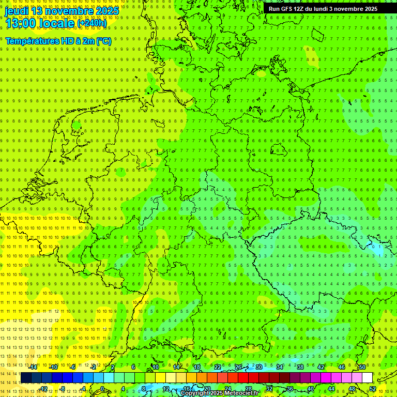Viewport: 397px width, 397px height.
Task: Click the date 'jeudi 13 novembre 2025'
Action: tap(62, 11)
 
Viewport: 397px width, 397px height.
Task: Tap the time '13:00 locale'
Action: tap(40, 23)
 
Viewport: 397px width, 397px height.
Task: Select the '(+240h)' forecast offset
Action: tap(92, 23)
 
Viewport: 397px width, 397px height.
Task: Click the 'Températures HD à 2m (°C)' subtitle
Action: tap(58, 41)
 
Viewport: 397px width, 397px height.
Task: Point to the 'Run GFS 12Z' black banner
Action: tap(323, 9)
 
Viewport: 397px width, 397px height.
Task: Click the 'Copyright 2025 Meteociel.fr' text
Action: tap(219, 393)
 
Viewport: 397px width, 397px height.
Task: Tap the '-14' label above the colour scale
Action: tap(33, 367)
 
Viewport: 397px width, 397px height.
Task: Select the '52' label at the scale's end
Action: tap(372, 389)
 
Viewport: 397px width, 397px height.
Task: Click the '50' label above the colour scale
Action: tap(362, 367)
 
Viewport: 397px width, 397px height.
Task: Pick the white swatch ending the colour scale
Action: tap(367, 378)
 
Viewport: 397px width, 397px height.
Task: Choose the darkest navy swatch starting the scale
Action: tap(26, 378)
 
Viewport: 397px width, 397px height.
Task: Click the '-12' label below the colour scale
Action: tap(43, 389)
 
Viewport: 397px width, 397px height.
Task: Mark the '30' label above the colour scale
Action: tap(259, 367)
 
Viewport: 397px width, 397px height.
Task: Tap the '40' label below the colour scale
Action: tap(310, 389)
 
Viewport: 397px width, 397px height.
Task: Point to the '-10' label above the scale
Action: tap(53, 367)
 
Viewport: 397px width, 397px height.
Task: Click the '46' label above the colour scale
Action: tap(342, 367)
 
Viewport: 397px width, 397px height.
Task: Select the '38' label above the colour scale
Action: tap(300, 367)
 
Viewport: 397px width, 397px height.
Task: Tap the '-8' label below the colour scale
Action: tap(63, 389)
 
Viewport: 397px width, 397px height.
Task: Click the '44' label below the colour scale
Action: tap(331, 389)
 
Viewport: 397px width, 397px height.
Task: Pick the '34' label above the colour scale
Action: tap(280, 367)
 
